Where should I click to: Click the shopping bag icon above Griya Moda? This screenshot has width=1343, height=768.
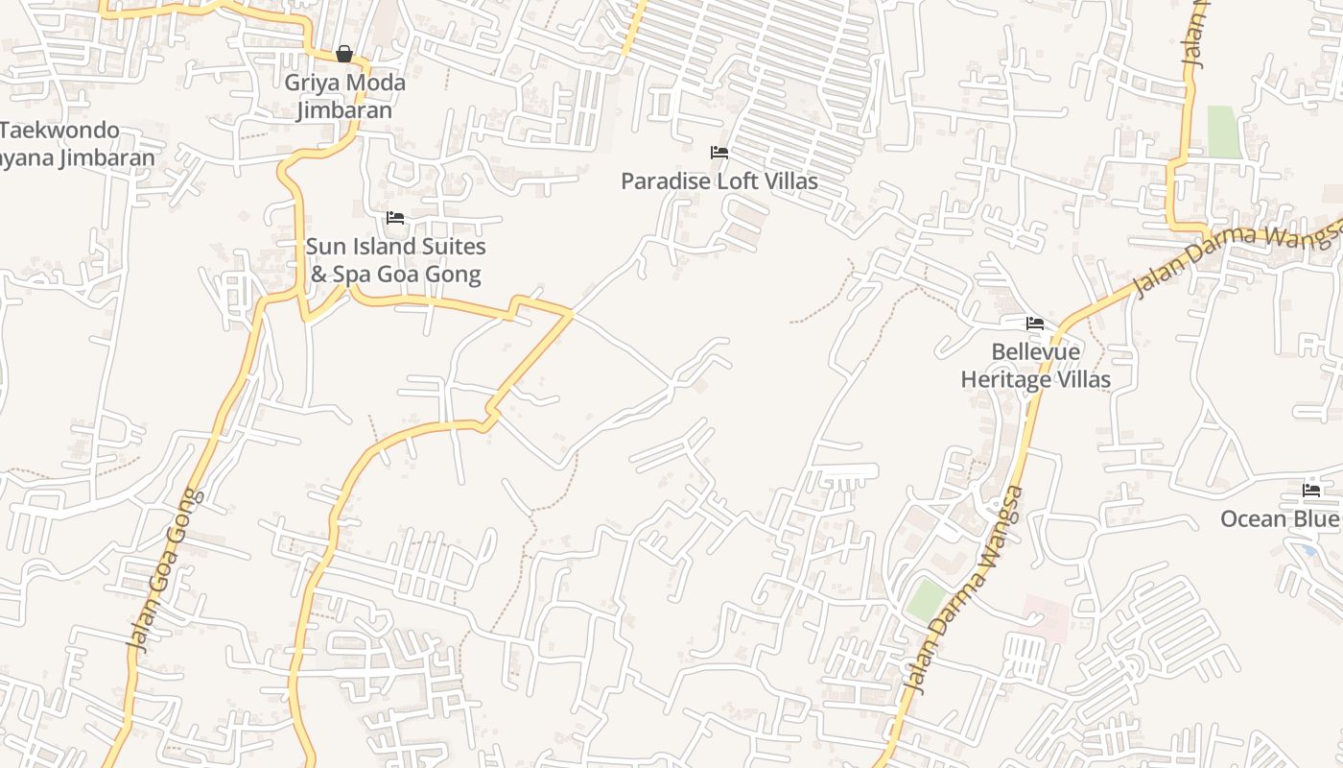tap(344, 54)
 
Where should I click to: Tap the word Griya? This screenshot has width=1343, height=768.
tap(313, 83)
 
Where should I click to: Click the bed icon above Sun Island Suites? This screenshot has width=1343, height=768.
tap(394, 218)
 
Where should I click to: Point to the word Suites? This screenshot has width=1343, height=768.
tap(451, 247)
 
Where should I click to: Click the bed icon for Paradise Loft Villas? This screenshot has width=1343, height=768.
tap(719, 153)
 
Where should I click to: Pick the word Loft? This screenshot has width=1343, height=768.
tap(734, 180)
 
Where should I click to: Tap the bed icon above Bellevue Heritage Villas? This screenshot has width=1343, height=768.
tap(1035, 324)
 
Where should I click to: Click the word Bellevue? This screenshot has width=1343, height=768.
tap(1035, 352)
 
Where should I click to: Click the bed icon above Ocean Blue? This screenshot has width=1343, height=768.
tap(1311, 491)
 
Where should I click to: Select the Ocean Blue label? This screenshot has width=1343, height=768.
tap(1279, 519)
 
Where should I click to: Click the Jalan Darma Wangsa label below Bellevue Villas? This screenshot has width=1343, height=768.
tap(965, 589)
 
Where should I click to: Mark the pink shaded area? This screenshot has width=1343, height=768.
tap(1045, 617)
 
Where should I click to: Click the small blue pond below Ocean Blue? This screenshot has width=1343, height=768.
tap(1309, 550)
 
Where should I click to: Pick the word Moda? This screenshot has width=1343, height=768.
tap(374, 83)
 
